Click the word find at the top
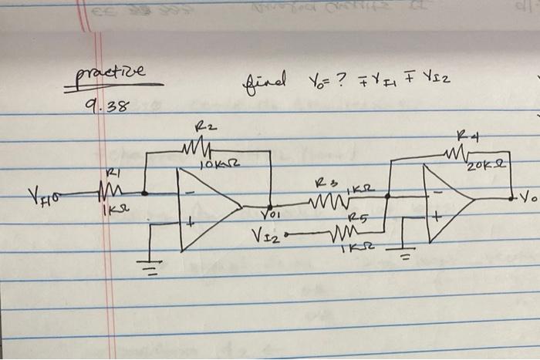coord(264,79)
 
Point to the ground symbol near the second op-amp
coord(405,254)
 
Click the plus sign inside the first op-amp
coord(188,223)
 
